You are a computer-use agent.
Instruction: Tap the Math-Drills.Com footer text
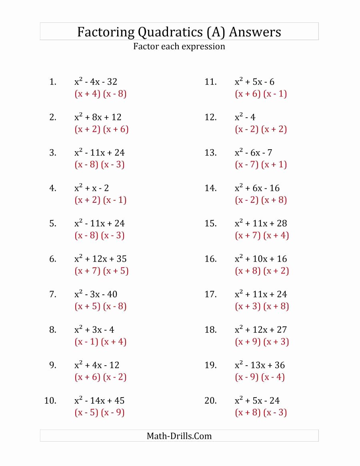[179, 436]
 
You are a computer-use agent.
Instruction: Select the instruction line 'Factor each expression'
[179, 46]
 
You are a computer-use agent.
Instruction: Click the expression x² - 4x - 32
[96, 82]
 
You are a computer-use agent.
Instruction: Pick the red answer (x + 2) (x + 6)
[102, 129]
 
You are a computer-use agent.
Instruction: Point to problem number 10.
[50, 400]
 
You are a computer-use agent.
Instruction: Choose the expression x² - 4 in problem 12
[245, 117]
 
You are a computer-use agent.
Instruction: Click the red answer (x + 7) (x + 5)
[102, 271]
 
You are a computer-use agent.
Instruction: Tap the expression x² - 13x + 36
[260, 365]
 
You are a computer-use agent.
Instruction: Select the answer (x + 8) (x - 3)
[261, 412]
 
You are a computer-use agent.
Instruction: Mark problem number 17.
[210, 294]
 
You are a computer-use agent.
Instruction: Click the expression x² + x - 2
[92, 188]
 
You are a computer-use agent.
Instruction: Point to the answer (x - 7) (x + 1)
[261, 164]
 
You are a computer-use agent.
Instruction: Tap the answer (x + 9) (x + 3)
[262, 342]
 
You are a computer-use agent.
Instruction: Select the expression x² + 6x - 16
[257, 188]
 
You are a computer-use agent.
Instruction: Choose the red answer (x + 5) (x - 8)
[101, 306]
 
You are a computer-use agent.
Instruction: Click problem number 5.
[53, 224]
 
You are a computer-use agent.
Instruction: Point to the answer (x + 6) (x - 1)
[261, 94]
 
